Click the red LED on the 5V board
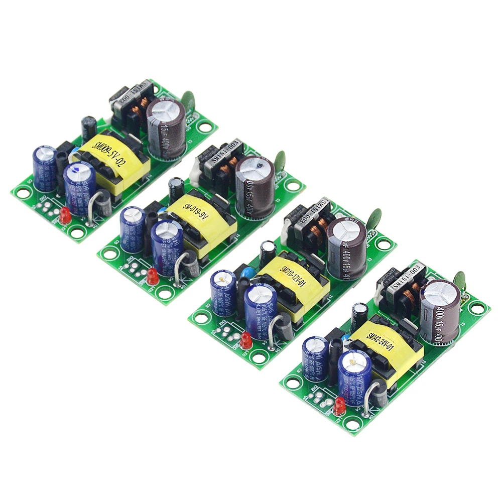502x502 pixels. (x=64, y=216)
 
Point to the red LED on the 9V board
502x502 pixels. (x=151, y=277)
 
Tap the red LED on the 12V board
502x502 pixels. (x=246, y=341)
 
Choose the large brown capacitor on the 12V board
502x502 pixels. (x=347, y=247)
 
